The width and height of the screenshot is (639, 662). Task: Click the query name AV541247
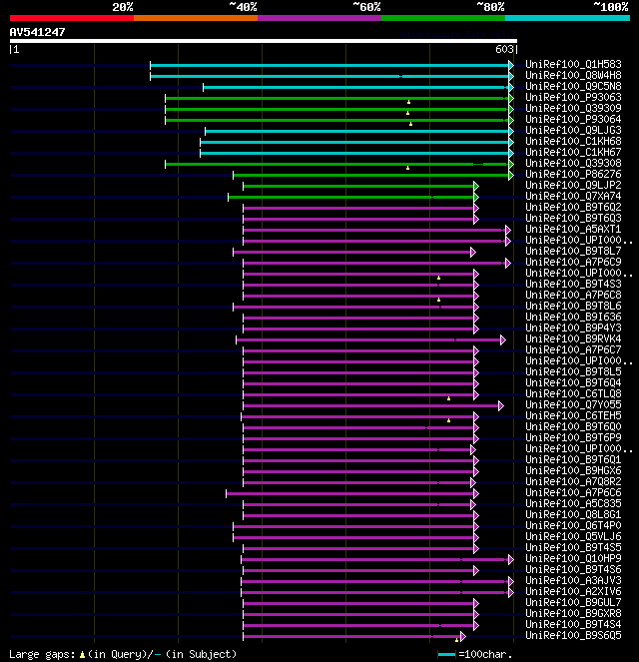[x=38, y=32]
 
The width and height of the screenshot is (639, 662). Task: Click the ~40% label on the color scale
[x=243, y=6]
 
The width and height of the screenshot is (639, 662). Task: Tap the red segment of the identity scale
[x=71, y=17]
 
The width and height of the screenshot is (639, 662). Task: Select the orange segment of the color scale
[x=195, y=17]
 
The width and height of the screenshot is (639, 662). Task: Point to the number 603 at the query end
[x=504, y=49]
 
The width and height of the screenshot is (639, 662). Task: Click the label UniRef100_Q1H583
[x=573, y=65]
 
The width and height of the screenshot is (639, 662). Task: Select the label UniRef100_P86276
[x=573, y=175]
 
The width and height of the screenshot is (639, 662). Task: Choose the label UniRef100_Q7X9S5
[x=573, y=405]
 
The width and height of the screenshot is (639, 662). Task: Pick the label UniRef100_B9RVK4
[x=573, y=339]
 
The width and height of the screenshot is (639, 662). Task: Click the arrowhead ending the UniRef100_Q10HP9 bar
[x=510, y=559]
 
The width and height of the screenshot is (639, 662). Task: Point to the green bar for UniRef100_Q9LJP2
[x=359, y=186]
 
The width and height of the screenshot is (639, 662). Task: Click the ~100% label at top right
[x=610, y=6]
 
